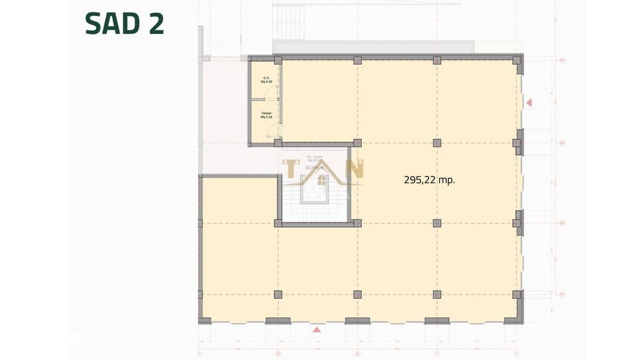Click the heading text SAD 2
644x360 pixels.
pos(124,24)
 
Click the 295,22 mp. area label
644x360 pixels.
pos(429,180)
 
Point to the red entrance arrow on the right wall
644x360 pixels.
pos(529,102)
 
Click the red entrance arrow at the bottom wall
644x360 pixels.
pos(316,330)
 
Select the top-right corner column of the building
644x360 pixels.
pos(518,59)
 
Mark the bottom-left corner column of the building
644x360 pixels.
pos(203,319)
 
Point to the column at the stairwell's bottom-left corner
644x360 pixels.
pos(278,223)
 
